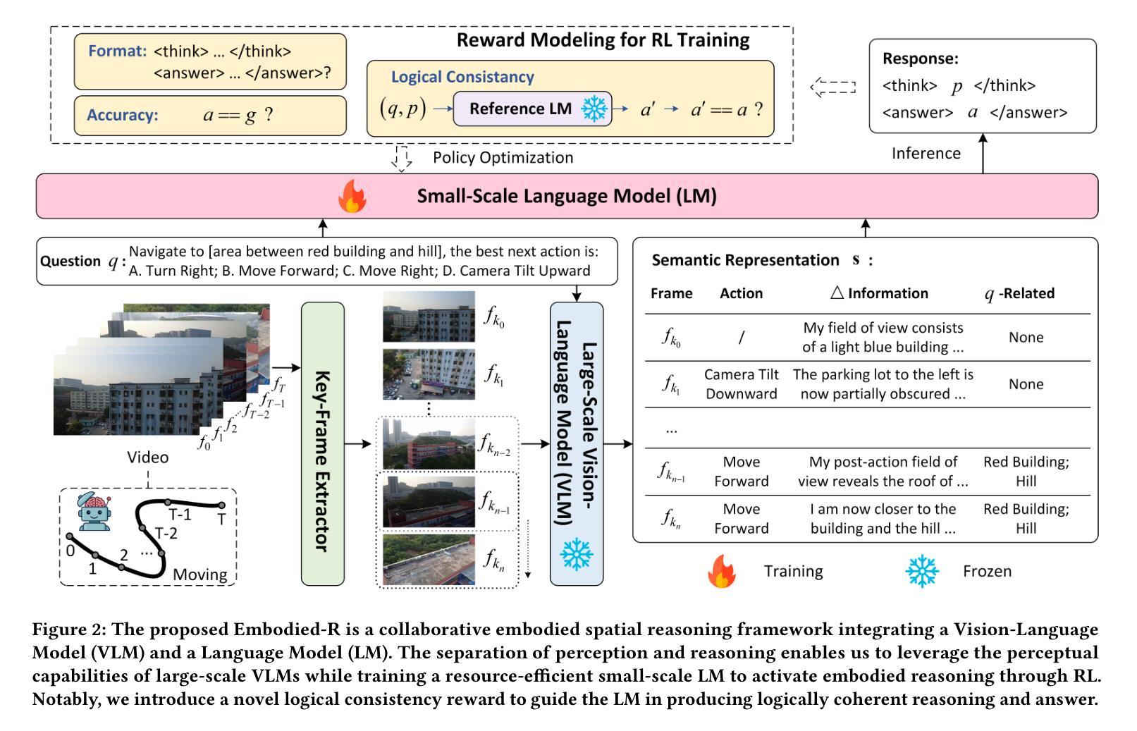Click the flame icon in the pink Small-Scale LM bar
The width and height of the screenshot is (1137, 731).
point(352,197)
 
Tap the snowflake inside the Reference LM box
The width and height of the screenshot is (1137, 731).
point(594,108)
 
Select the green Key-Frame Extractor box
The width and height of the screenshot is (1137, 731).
point(323,443)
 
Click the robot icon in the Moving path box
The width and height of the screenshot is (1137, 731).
point(94,511)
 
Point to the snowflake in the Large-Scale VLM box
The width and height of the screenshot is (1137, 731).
point(576,554)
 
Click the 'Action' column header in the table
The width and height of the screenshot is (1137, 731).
point(741,293)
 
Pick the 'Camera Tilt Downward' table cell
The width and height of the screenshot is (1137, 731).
point(741,384)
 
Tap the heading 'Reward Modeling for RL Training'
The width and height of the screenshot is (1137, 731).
point(603,40)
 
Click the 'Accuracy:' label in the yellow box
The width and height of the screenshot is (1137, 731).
point(123,115)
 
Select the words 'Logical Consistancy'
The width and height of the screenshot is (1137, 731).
point(462,77)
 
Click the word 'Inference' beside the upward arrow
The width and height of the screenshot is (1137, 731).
point(926,153)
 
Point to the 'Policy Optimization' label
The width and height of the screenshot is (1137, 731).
point(503,158)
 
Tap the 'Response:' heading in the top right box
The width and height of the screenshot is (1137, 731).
point(921,59)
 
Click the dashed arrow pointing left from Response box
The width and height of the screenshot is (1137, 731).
point(833,87)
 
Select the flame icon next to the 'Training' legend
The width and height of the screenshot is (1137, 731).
point(721,571)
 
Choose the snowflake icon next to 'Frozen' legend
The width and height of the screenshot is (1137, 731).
point(922,571)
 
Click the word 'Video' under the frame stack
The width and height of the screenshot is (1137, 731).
point(148,457)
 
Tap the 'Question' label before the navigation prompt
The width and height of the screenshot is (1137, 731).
point(70,261)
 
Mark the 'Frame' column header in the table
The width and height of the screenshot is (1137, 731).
point(672,293)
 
